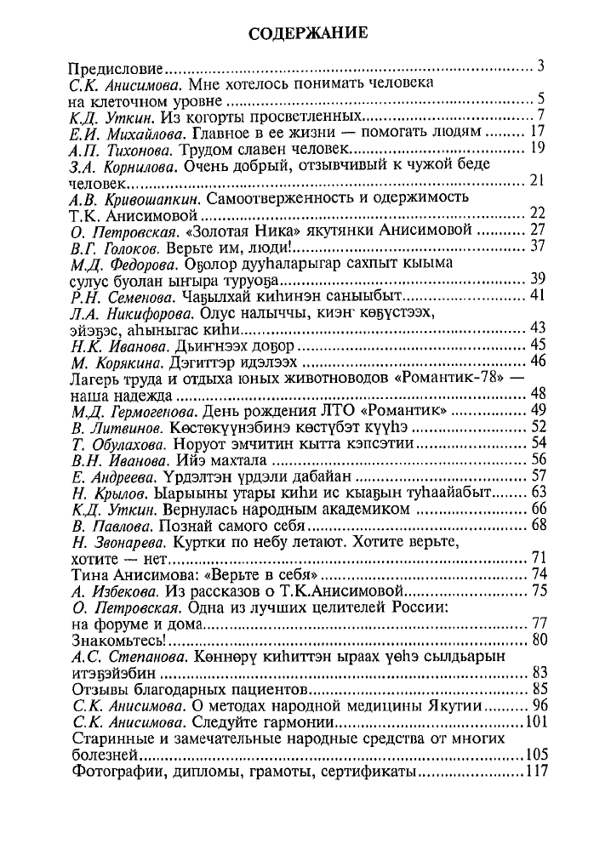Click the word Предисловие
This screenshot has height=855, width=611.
point(117,67)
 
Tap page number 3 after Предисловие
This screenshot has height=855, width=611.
point(540,66)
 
